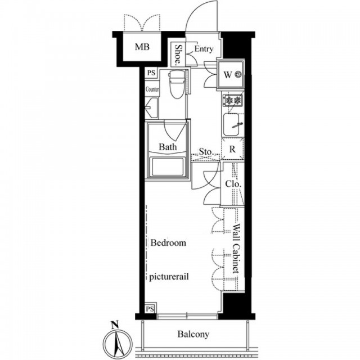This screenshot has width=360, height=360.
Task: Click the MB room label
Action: [x=142, y=47]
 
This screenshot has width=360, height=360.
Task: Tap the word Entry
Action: [x=204, y=49]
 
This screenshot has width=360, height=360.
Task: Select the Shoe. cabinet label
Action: [x=178, y=54]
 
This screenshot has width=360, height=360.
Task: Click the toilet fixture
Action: [x=176, y=84]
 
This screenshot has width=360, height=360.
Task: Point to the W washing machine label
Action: [x=227, y=75]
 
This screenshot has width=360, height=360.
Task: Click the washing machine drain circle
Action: [x=238, y=74]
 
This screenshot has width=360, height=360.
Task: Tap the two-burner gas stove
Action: [x=232, y=100]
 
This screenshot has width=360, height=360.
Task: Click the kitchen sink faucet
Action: [x=237, y=125]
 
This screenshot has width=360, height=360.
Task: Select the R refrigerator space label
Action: [x=232, y=149]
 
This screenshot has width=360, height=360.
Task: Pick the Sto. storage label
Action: [x=206, y=152]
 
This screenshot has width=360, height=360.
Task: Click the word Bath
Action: [x=168, y=147]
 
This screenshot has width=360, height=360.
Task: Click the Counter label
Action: [x=152, y=89]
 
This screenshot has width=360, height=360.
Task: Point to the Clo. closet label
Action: [x=233, y=184]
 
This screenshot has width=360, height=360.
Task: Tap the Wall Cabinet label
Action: [x=236, y=249]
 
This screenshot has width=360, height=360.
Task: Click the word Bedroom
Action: [x=168, y=242]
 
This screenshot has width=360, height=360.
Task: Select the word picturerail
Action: [x=169, y=277]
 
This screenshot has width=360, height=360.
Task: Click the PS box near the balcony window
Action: [x=150, y=308]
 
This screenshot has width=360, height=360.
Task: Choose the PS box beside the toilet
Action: [x=151, y=73]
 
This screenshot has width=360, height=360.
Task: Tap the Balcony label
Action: [x=193, y=334]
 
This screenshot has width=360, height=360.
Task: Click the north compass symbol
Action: [x=118, y=340]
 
